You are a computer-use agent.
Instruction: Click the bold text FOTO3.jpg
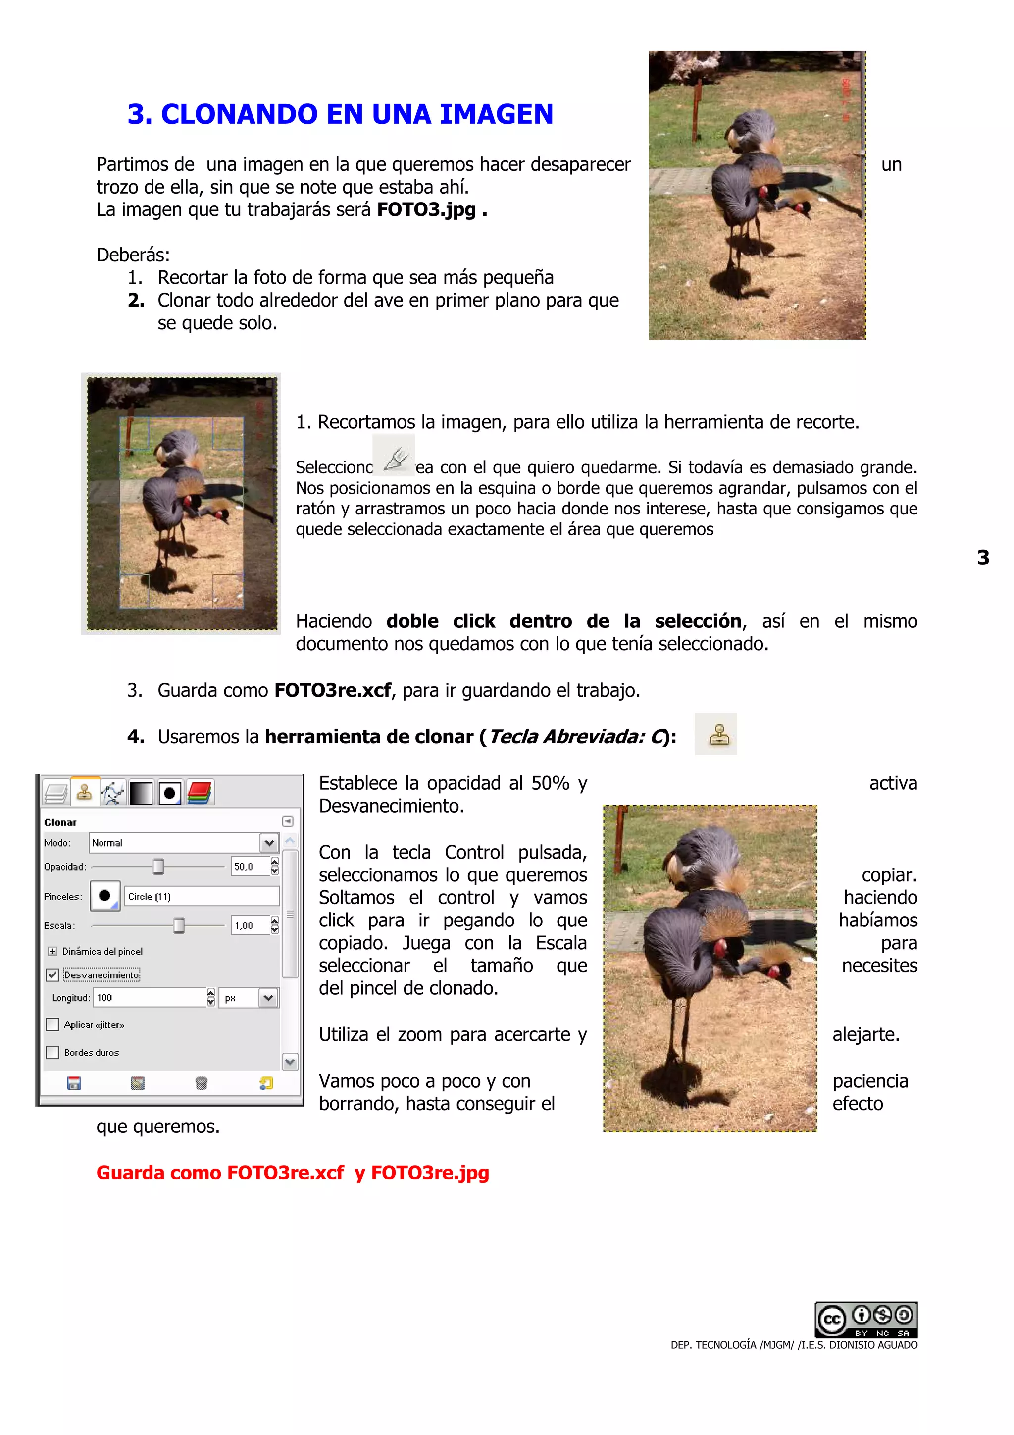(426, 209)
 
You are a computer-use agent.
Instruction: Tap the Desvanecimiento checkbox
(52, 974)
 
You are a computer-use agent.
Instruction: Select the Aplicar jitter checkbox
(52, 1025)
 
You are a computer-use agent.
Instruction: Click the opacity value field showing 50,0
(249, 866)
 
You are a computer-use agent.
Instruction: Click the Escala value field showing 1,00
(249, 925)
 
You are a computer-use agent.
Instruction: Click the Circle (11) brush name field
(201, 896)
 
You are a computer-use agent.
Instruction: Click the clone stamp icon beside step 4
(716, 734)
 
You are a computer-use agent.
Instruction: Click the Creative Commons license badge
(866, 1319)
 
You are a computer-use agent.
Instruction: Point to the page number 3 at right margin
(983, 557)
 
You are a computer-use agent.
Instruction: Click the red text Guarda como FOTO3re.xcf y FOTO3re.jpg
(293, 1173)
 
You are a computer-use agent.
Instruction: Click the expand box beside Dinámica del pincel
(52, 951)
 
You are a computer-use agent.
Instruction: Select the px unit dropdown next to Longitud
(249, 997)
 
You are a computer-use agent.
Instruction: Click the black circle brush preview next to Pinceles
(105, 896)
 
